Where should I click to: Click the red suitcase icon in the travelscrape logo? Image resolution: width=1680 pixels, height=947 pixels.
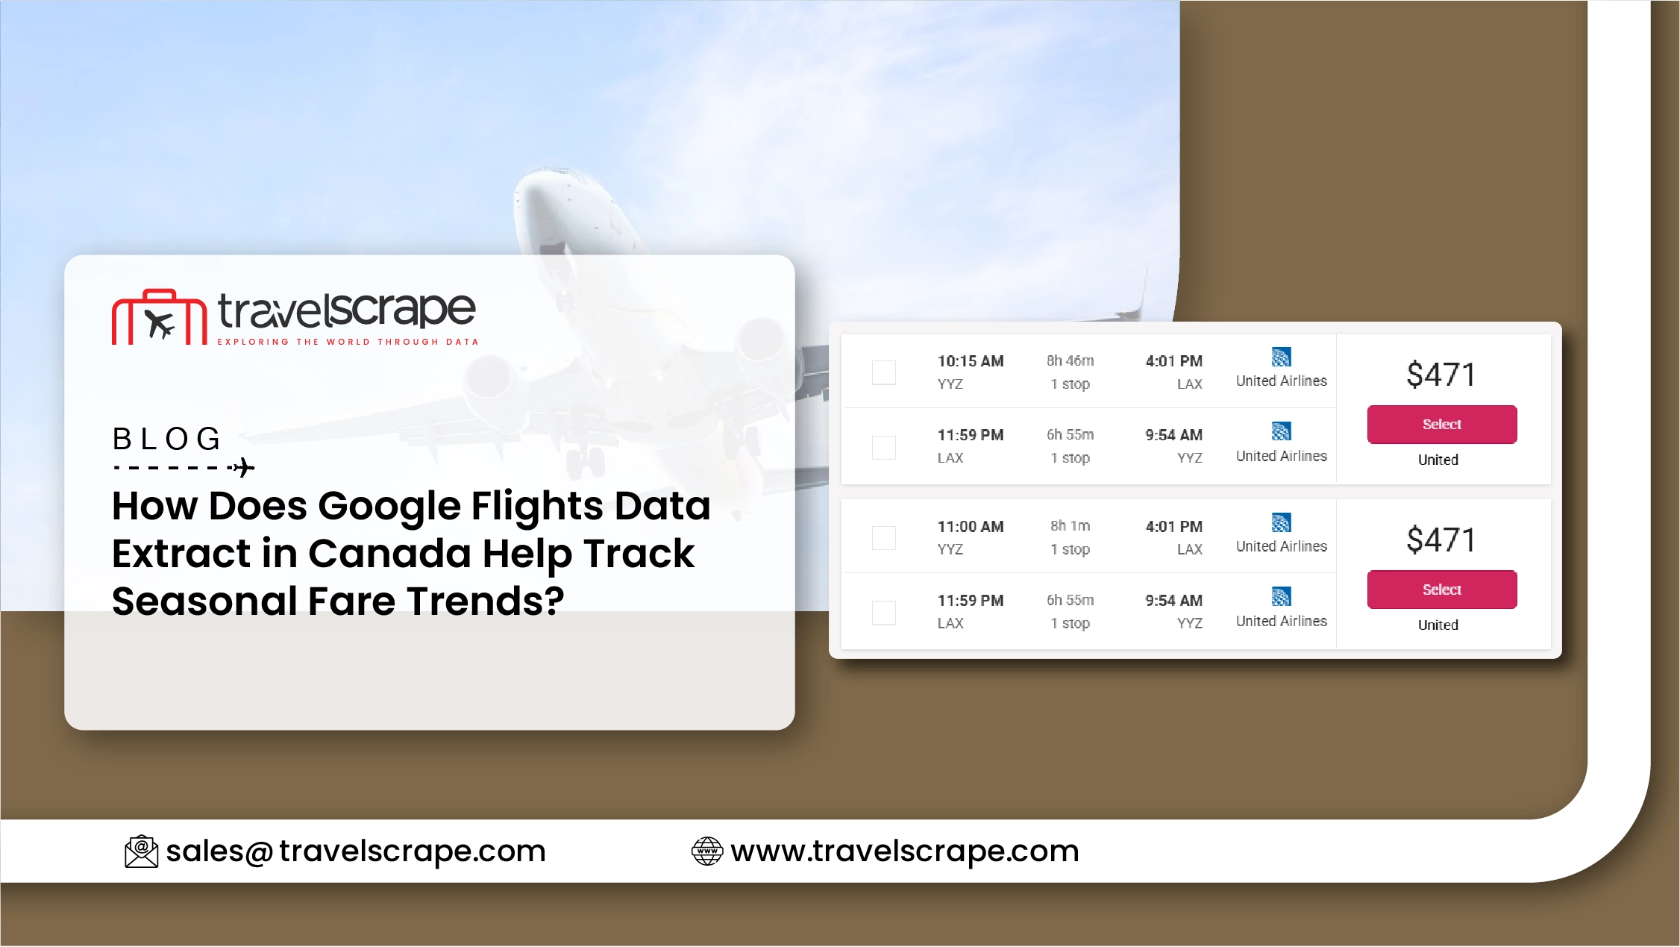tap(159, 317)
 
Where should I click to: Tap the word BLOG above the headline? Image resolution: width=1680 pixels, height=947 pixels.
tap(167, 439)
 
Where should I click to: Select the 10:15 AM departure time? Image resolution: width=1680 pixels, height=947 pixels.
tap(971, 361)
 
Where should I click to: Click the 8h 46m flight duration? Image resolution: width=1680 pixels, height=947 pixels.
tap(1070, 361)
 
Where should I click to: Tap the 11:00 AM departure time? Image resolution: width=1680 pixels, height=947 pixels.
tap(971, 527)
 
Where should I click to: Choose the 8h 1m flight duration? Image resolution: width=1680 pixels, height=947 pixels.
tap(1070, 526)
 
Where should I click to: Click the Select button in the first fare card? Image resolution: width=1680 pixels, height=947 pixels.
tap(1441, 425)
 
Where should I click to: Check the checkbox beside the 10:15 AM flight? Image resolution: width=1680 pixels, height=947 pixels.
tap(884, 372)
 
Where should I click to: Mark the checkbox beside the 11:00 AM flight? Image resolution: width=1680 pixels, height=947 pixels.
tap(884, 538)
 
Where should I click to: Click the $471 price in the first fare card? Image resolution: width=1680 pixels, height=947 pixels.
tap(1441, 375)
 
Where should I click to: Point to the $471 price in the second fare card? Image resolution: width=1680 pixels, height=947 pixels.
tap(1441, 540)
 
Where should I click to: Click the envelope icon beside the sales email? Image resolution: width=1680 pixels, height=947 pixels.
tap(141, 851)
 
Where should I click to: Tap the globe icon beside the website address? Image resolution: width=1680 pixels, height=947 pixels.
tap(707, 851)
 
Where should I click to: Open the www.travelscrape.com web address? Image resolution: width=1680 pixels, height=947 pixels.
tap(905, 851)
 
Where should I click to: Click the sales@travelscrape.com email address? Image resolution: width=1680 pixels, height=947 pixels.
tap(356, 851)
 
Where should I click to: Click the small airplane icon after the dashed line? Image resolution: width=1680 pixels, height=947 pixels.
tap(243, 468)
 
